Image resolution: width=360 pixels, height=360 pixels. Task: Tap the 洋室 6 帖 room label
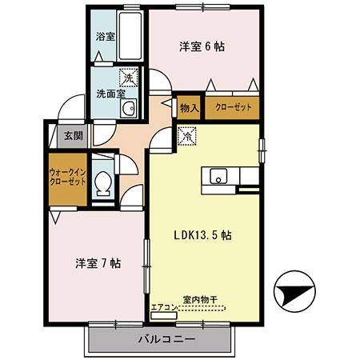[x=201, y=46]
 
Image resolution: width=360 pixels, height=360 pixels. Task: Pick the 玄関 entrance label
[x=73, y=135]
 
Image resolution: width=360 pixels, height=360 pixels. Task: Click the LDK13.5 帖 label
[x=204, y=236]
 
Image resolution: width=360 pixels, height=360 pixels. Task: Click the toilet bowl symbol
[x=102, y=186]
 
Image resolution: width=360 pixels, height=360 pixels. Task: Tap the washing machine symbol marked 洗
[x=127, y=78]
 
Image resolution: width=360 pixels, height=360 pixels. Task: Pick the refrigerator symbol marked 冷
[x=185, y=136]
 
